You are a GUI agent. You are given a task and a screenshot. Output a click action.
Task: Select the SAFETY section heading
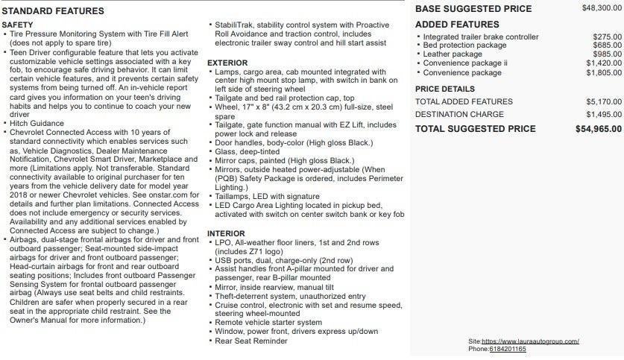tap(17, 25)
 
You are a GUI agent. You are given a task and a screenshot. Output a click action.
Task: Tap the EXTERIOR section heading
tap(227, 63)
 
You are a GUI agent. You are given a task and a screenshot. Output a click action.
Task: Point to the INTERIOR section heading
tap(226, 234)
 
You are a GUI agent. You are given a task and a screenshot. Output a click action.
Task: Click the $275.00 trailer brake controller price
tap(608, 37)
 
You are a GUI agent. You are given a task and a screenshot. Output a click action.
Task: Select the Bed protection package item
tap(464, 45)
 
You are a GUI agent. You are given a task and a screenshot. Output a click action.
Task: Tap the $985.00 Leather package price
tap(608, 54)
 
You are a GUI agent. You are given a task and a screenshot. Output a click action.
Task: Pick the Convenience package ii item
tap(465, 63)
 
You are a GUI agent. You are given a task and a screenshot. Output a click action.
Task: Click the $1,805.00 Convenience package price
tap(604, 73)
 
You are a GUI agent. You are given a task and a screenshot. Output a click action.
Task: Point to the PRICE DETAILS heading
tap(444, 89)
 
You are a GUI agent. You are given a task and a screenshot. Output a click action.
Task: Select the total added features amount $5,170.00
tap(604, 101)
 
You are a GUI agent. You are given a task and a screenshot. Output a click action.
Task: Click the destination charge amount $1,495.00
tap(604, 115)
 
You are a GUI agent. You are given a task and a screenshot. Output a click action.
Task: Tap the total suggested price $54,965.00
tap(599, 129)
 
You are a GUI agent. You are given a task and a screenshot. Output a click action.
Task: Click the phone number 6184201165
tap(508, 349)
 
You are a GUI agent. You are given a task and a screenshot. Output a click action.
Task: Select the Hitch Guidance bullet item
tap(37, 123)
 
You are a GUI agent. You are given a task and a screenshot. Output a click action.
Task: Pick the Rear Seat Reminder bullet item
tap(251, 341)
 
